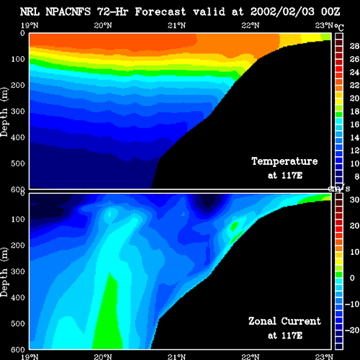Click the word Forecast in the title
point(161,12)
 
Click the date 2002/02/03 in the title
point(282,12)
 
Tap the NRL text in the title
point(30,12)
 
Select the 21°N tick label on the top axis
point(176,25)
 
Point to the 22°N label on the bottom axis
point(251,356)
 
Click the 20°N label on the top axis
point(103,25)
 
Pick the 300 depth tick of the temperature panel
point(18,111)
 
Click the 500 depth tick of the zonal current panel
point(18,323)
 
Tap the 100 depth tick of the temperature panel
point(18,59)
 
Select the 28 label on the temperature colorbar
point(354,46)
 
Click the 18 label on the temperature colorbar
point(354,112)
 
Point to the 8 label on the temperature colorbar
point(357,176)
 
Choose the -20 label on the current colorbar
point(352,330)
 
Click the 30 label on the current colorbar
point(354,199)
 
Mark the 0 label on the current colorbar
point(352,278)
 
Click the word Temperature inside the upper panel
point(284,161)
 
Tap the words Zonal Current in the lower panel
point(284,321)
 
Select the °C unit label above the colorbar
point(339,27)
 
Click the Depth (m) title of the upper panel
point(4,112)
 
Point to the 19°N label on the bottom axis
point(30,356)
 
